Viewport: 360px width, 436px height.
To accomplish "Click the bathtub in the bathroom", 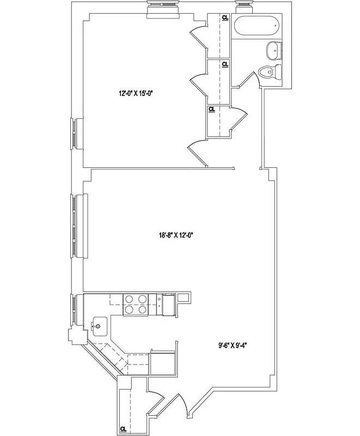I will click(256, 26).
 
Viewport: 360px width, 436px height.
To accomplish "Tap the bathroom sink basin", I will click(273, 51).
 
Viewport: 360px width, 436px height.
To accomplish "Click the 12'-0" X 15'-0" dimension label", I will click(135, 93).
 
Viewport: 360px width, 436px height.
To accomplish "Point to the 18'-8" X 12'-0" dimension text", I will click(176, 235).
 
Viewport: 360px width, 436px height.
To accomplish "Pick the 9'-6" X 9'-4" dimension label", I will click(233, 344).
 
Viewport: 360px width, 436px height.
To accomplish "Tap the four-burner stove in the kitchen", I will click(136, 304).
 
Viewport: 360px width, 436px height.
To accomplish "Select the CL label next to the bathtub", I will click(225, 17).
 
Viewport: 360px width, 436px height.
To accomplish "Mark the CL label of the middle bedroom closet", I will click(225, 64).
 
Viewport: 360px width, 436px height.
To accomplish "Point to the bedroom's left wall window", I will click(75, 133).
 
